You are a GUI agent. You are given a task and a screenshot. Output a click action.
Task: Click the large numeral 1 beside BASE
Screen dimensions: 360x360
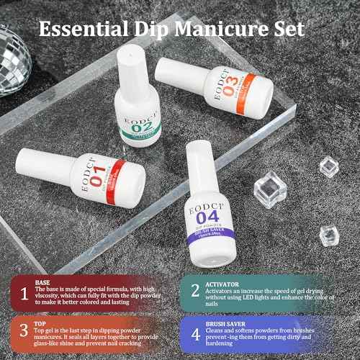pos(24,293)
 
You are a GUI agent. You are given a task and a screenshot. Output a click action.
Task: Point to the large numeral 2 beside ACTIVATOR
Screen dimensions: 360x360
pos(195,291)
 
